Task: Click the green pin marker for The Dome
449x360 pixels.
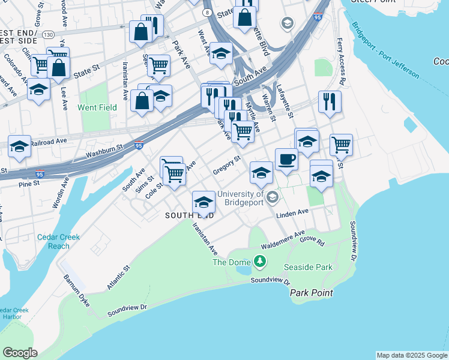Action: pos(259,262)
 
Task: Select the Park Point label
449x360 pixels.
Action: pos(311,293)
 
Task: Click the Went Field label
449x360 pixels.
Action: pos(97,108)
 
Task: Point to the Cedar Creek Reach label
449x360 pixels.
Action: pos(58,241)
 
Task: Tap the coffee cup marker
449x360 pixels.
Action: pos(286,160)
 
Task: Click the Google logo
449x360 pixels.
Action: pos(20,352)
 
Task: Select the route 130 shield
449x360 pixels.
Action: pos(48,35)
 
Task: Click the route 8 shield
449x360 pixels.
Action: pos(206,12)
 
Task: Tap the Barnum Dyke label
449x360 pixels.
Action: pos(76,290)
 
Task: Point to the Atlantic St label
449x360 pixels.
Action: pos(118,278)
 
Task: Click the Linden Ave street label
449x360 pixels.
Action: pos(292,212)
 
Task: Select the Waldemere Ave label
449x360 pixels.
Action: pos(283,240)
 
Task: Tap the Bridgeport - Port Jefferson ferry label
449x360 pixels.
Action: pos(385,50)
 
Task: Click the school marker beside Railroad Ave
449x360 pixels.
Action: pos(19,146)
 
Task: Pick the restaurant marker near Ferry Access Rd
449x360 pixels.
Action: pos(330,102)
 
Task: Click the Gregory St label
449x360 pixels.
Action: pos(226,165)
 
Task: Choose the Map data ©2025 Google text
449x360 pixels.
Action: pos(412,355)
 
